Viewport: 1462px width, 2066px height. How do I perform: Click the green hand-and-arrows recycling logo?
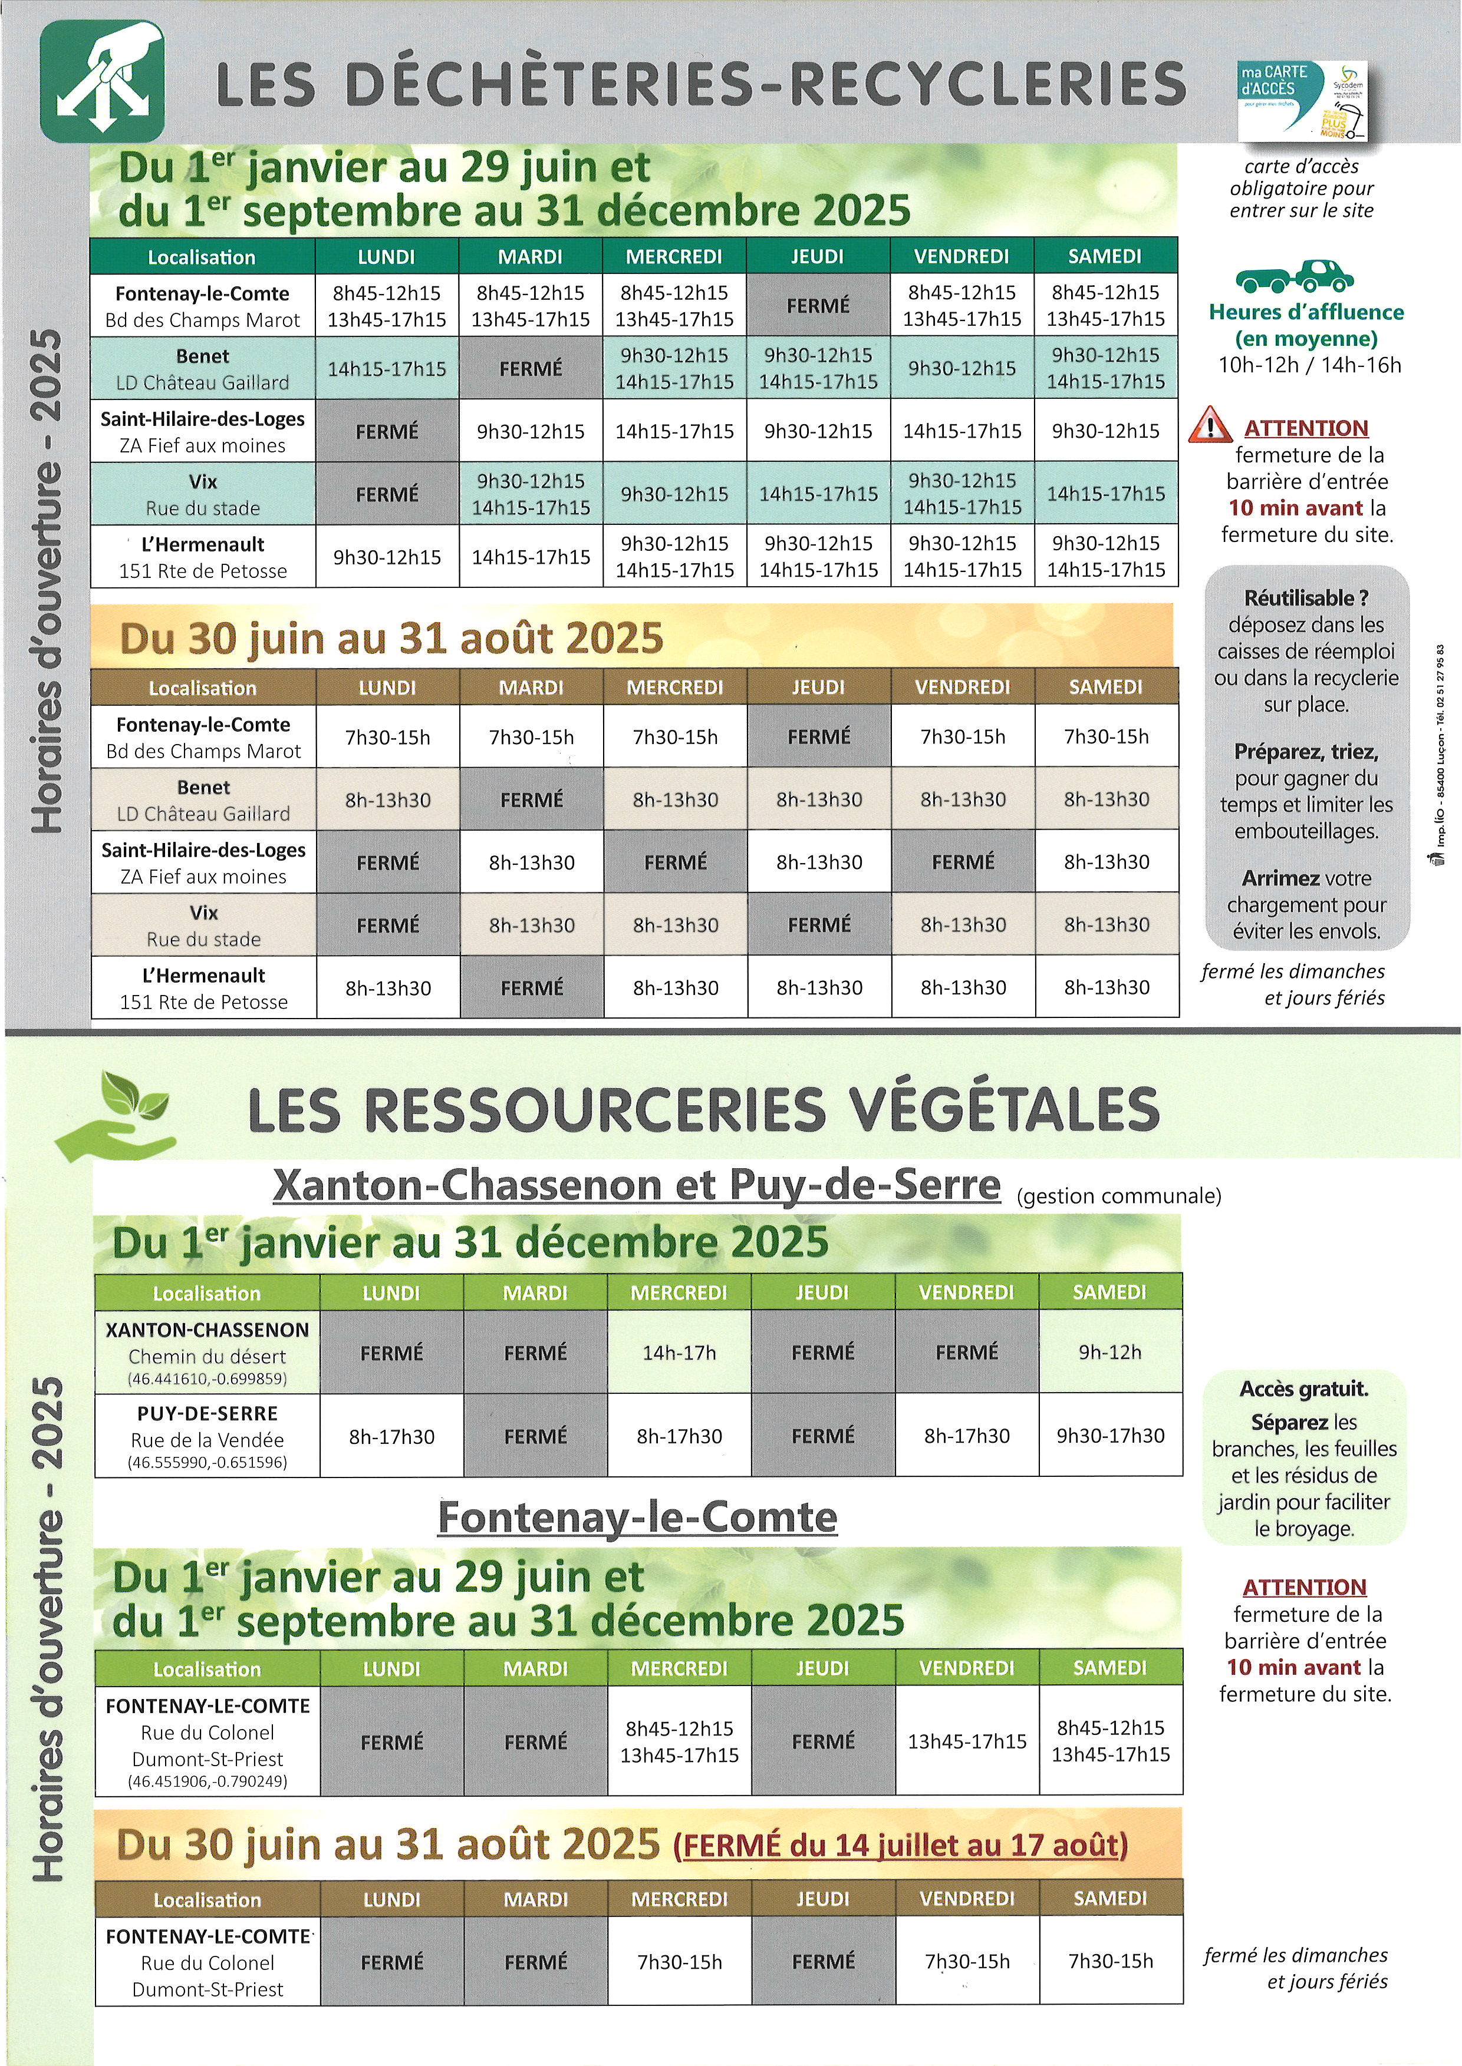click(x=102, y=80)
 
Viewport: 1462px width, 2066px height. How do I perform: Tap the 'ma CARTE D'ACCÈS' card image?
click(x=1302, y=101)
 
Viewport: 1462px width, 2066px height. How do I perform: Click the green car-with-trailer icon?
click(x=1295, y=277)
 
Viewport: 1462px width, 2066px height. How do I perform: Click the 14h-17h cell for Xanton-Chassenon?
click(x=679, y=1353)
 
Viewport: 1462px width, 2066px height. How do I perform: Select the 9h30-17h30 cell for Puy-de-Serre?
click(x=1110, y=1436)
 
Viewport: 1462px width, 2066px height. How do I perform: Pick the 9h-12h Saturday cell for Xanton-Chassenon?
click(x=1110, y=1353)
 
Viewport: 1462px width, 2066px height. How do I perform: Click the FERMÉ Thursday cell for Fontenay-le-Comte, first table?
click(x=818, y=306)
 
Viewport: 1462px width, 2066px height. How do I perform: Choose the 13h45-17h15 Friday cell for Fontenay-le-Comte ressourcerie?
click(x=967, y=1741)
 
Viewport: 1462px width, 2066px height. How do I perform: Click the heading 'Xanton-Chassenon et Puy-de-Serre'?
click(x=637, y=1186)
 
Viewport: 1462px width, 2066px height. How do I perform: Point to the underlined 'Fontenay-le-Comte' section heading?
click(x=637, y=1518)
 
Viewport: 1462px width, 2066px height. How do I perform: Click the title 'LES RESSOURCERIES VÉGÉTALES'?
click(x=703, y=1109)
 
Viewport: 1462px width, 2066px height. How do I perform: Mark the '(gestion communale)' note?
click(x=1118, y=1196)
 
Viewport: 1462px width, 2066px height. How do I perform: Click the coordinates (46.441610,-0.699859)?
click(x=207, y=1379)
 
